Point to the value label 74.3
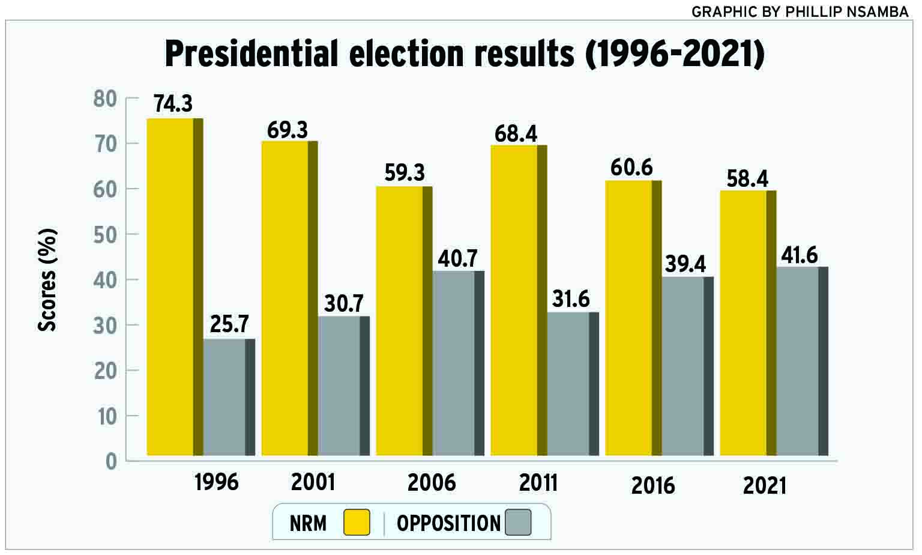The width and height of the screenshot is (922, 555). pos(173,103)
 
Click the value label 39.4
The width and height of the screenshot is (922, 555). pos(685,264)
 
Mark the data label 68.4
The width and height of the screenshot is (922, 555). pos(516,133)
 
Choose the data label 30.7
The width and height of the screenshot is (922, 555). pos(343,304)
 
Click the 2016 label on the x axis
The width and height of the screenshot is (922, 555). pos(653,485)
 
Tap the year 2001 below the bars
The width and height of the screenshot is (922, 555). pos(313,482)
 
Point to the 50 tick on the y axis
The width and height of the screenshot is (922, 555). pos(106,234)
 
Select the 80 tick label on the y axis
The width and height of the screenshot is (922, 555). pos(105,99)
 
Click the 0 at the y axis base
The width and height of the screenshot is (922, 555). pos(111,461)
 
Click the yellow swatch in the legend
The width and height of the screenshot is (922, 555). pos(357,523)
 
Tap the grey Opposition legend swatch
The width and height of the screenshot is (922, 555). pos(518,523)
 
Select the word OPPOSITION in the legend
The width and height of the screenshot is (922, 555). pos(448,523)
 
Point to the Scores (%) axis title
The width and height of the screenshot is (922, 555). pos(47,279)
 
